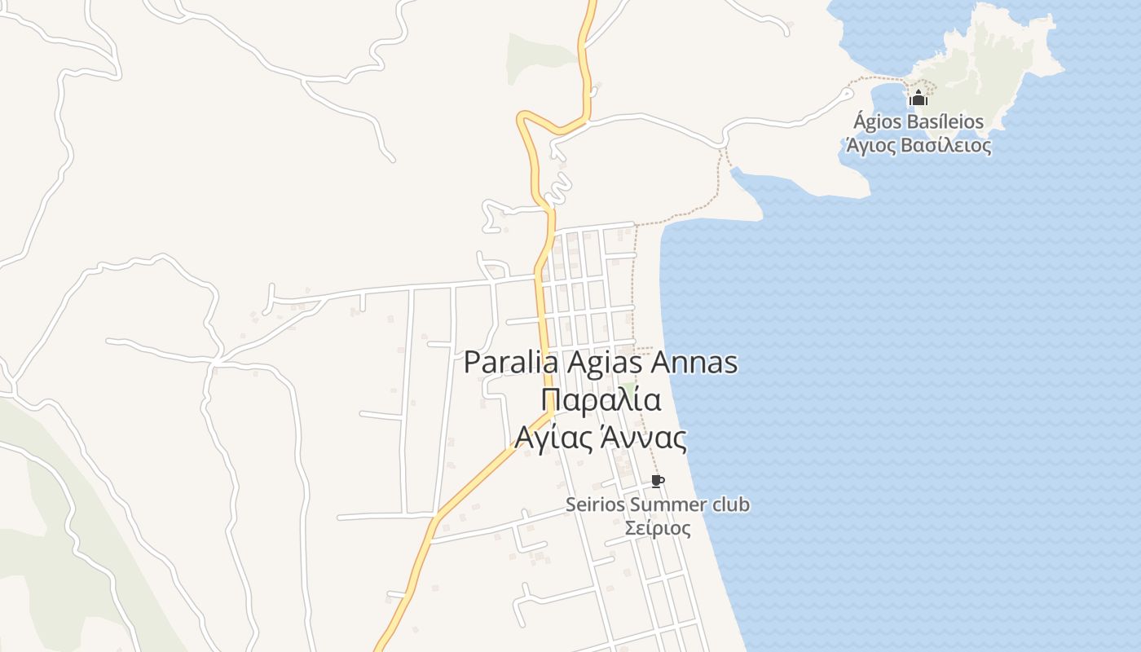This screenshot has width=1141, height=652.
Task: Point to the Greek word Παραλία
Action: click(x=600, y=400)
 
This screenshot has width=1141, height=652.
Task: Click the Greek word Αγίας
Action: click(x=552, y=438)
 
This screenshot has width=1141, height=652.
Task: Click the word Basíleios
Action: click(x=945, y=122)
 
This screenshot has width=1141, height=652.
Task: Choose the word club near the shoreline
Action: click(x=731, y=504)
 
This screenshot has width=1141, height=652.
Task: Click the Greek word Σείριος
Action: click(x=658, y=528)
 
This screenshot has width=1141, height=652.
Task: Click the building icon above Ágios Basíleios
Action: click(x=919, y=99)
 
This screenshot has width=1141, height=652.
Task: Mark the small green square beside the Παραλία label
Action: click(x=627, y=386)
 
